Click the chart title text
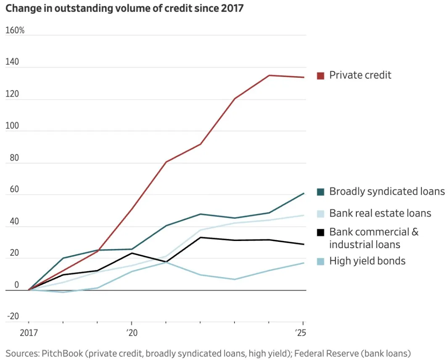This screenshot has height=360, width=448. point(124,8)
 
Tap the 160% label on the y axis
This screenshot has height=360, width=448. point(15,30)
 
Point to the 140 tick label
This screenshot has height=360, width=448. point(13,62)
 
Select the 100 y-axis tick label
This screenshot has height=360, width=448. point(13,125)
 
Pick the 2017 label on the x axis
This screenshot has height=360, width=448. point(29,333)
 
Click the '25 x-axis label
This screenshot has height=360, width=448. point(300,333)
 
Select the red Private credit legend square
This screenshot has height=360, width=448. point(321,76)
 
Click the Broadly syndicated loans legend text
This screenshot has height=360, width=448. point(387,192)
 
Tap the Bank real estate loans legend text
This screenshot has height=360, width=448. point(380,213)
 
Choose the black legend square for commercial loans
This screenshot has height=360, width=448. point(321,232)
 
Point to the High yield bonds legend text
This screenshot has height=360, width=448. point(367,261)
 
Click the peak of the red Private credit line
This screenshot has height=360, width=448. point(269,75)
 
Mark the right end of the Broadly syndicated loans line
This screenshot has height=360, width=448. point(303,193)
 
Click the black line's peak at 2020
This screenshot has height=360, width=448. point(132,253)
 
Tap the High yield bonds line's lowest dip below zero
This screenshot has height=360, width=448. point(63,292)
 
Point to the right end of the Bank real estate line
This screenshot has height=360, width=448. point(303,215)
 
